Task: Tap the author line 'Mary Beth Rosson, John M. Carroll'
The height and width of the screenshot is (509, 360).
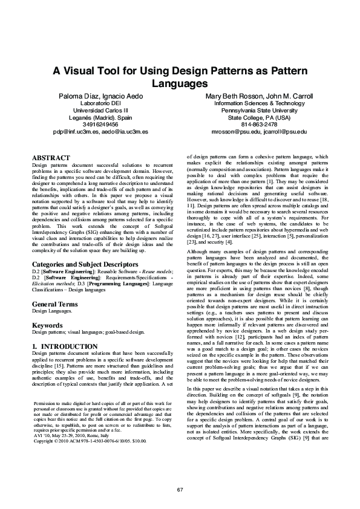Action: click(258, 96)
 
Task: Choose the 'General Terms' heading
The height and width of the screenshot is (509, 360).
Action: click(54, 304)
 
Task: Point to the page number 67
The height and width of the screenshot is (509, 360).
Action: click(180, 489)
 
